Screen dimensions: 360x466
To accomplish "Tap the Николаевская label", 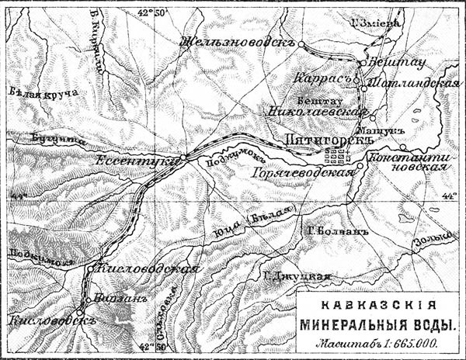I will (x=318, y=111).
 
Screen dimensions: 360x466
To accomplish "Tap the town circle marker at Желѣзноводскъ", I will (x=301, y=46).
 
